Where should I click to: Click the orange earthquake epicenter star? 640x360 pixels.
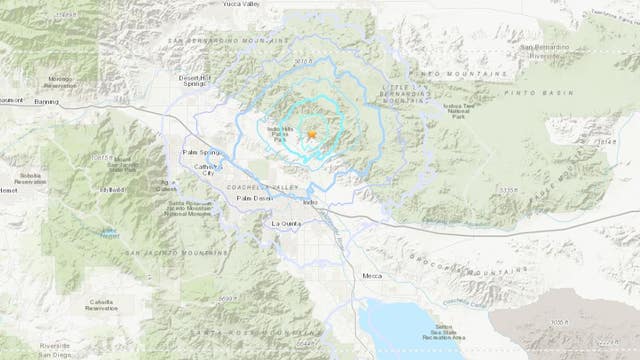click(312, 134)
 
